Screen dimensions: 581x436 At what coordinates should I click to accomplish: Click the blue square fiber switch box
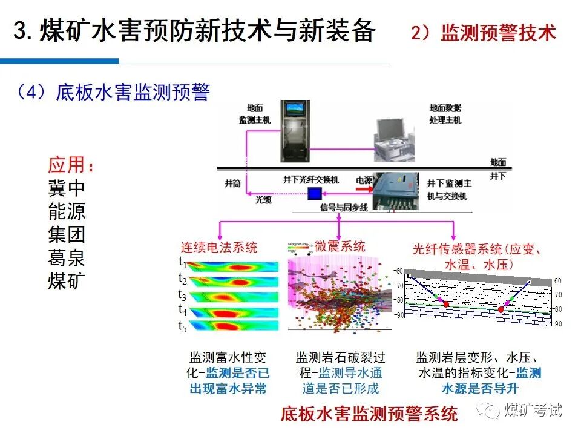[x=314, y=194]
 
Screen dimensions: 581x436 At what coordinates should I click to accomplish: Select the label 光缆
[x=263, y=198]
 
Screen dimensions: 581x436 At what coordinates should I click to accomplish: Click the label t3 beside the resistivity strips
[x=182, y=295]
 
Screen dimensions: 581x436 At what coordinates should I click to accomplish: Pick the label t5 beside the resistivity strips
[x=182, y=326]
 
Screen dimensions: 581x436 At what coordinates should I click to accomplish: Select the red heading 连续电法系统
[x=219, y=247]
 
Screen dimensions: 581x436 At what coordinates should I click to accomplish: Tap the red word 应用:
[x=71, y=166]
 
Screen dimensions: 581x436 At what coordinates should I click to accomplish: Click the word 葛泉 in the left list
[x=67, y=259]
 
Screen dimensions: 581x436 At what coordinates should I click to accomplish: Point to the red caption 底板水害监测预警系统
[x=369, y=414]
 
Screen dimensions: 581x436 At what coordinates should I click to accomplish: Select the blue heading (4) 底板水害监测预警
[x=113, y=93]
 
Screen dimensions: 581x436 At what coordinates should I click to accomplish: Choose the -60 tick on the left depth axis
[x=398, y=271]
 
